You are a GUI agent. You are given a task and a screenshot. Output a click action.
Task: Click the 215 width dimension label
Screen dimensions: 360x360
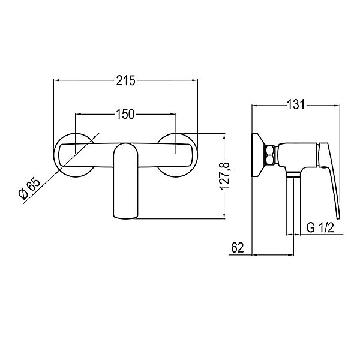point(125,81)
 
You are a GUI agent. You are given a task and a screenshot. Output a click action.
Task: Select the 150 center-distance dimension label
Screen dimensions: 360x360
point(125,115)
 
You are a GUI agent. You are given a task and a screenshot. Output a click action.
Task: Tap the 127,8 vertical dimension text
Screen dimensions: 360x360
point(224,176)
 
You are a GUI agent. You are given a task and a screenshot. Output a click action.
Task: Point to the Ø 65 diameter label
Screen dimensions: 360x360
point(29,188)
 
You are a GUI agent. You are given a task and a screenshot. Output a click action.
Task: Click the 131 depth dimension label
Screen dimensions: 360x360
point(296,104)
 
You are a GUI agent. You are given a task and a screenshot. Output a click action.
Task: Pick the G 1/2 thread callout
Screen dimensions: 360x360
point(320,228)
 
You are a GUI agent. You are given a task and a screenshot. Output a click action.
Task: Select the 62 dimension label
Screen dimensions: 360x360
point(238,248)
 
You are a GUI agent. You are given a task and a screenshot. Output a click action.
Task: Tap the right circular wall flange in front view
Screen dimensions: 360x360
point(196,155)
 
